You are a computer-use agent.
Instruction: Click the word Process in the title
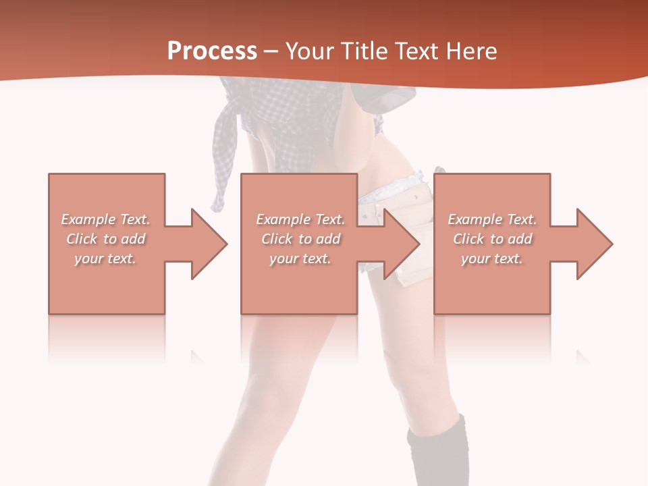(212, 51)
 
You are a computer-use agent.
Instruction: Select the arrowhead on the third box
(593, 244)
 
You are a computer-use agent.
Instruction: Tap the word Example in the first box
(88, 219)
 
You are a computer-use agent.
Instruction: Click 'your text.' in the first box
(106, 259)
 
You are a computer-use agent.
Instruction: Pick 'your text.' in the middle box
(300, 259)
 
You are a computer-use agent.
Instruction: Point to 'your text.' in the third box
(492, 259)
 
